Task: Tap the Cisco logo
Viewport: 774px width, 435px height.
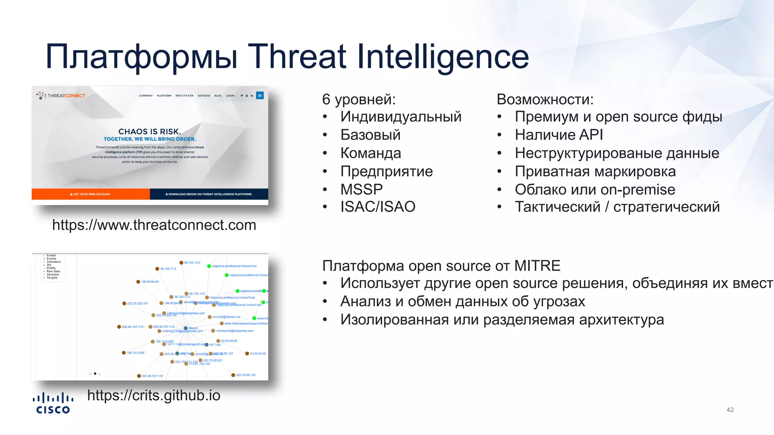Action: [53, 403]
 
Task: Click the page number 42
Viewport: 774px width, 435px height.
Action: [730, 410]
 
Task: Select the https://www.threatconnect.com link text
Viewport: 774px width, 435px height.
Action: [154, 225]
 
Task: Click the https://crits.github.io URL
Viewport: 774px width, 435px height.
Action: [153, 395]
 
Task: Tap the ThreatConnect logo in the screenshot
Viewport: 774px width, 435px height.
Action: [61, 96]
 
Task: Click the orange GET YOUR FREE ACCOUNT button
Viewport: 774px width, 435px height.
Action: [91, 194]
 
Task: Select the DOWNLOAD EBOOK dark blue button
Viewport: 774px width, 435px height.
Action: [209, 194]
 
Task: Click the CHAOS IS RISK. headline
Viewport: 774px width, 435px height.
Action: [150, 131]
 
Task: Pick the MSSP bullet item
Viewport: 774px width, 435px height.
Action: [361, 189]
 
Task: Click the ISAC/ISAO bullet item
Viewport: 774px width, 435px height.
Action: [378, 207]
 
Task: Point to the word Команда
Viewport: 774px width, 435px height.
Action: [370, 153]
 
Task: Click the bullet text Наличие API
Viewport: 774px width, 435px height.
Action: [559, 135]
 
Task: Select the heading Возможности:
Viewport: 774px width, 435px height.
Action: [545, 99]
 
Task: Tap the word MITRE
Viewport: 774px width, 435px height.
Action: [537, 266]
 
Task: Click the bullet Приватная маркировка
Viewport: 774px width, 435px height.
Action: [595, 171]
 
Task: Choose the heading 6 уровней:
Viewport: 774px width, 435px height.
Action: [359, 99]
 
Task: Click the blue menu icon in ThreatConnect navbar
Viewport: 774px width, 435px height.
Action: [260, 96]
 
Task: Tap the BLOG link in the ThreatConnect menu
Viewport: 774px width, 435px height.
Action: [218, 96]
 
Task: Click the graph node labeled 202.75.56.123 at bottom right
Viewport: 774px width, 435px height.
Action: [233, 375]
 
